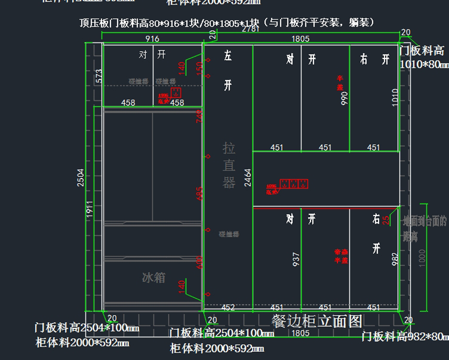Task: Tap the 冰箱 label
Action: [154, 277]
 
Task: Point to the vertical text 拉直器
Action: [229, 165]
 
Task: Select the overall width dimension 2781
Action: [251, 29]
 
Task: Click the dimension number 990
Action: [345, 98]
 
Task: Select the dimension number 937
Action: [296, 259]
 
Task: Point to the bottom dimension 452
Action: [228, 308]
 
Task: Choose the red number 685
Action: [199, 193]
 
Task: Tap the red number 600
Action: [199, 262]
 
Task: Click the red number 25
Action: [386, 220]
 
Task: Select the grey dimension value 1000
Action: [422, 258]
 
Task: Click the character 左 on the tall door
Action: [228, 57]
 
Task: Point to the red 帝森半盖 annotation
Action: [341, 256]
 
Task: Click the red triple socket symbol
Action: [294, 184]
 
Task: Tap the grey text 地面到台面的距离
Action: [425, 228]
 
